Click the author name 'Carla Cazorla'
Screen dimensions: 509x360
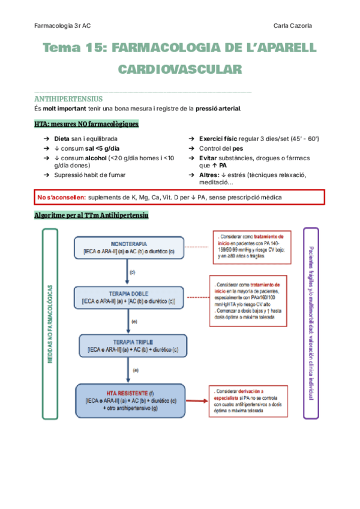292,25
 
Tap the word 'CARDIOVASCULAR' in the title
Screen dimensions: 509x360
180,70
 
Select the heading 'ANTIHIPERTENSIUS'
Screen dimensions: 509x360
69,98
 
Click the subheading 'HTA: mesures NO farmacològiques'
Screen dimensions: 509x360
86,124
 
